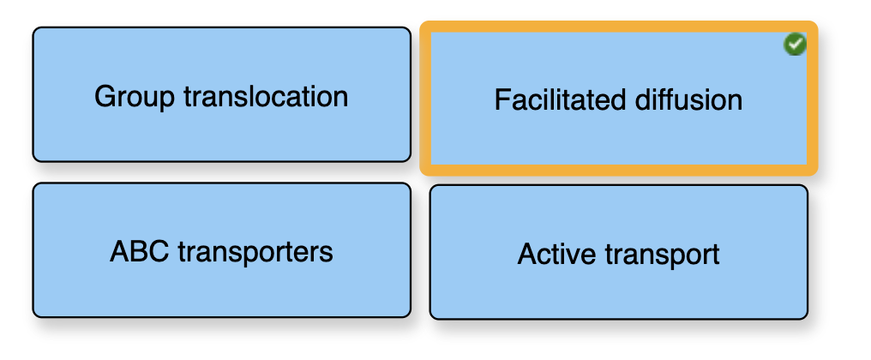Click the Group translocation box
(222, 94)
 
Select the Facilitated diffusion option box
(618, 99)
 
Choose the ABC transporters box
(222, 250)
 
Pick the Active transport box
(618, 252)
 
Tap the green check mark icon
(795, 44)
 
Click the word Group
(135, 97)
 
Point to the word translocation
(266, 96)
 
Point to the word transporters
(255, 253)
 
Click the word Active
(556, 255)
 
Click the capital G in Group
(105, 97)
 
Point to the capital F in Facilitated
(502, 100)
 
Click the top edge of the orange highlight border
(618, 27)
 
